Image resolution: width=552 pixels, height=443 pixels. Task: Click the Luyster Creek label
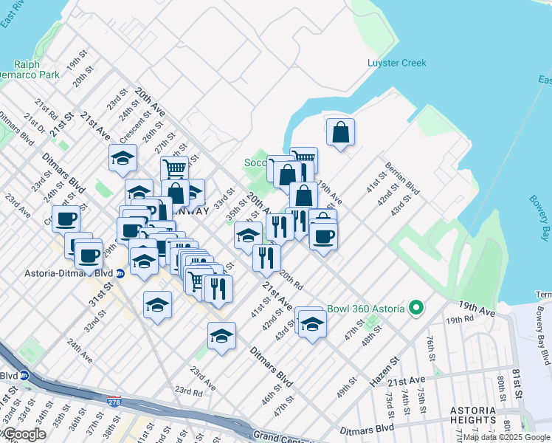396,63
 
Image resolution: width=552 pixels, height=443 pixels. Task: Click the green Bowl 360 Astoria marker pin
416,307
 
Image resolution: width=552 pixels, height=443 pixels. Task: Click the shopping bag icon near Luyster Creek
340,133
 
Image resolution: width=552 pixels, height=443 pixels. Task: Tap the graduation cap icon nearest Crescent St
123,157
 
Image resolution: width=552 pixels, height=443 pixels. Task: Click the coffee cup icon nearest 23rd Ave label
66,219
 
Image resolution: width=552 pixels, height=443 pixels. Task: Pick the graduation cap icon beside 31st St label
157,305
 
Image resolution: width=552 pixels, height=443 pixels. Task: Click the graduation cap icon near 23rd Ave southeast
221,336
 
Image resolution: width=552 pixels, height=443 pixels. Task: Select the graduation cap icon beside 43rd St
312,323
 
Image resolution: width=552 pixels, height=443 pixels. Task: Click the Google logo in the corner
24,434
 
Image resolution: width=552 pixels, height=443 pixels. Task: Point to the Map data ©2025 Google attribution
506,438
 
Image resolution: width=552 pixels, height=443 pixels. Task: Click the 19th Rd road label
459,320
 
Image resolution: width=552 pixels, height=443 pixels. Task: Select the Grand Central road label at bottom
281,437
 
